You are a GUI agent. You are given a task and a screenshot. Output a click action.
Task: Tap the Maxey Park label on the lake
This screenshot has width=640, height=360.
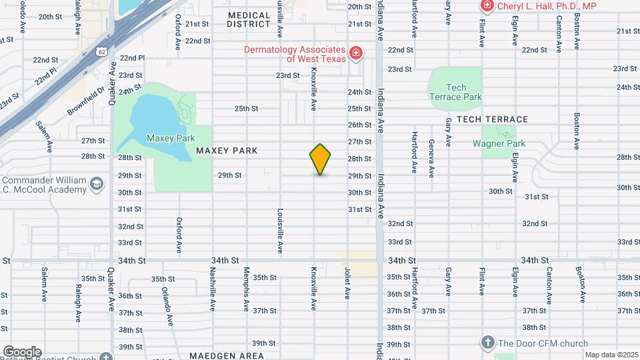[171, 138]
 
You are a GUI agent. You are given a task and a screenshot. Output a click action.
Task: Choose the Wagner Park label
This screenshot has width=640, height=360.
[499, 143]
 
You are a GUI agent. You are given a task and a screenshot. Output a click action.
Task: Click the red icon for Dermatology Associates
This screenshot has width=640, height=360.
[356, 53]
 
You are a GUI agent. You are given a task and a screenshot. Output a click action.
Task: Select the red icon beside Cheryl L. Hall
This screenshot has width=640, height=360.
[487, 6]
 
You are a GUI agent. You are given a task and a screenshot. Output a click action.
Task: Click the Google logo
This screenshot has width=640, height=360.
[22, 352]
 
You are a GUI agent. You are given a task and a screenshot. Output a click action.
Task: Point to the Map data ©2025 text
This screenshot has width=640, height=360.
[611, 355]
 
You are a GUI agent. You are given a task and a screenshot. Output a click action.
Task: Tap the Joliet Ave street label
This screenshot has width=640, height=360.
[347, 283]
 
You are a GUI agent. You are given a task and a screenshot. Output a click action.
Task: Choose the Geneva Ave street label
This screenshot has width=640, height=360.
[431, 157]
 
